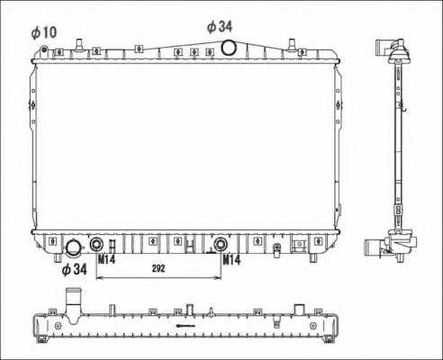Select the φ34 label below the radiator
[74, 268]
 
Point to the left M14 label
[107, 260]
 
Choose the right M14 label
[232, 260]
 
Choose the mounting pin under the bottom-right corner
[312, 257]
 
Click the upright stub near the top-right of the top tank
[294, 43]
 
